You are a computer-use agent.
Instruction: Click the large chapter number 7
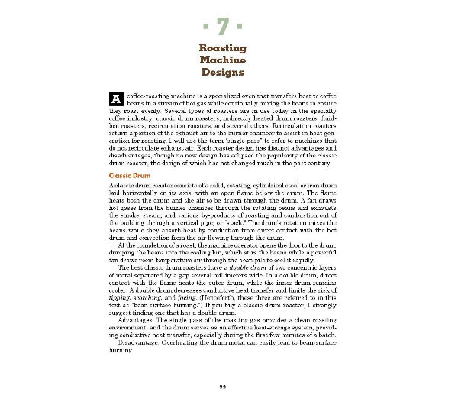222,27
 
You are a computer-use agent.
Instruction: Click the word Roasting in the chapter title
222,48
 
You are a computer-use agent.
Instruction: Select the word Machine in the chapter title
222,60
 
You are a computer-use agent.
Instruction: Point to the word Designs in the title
222,73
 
